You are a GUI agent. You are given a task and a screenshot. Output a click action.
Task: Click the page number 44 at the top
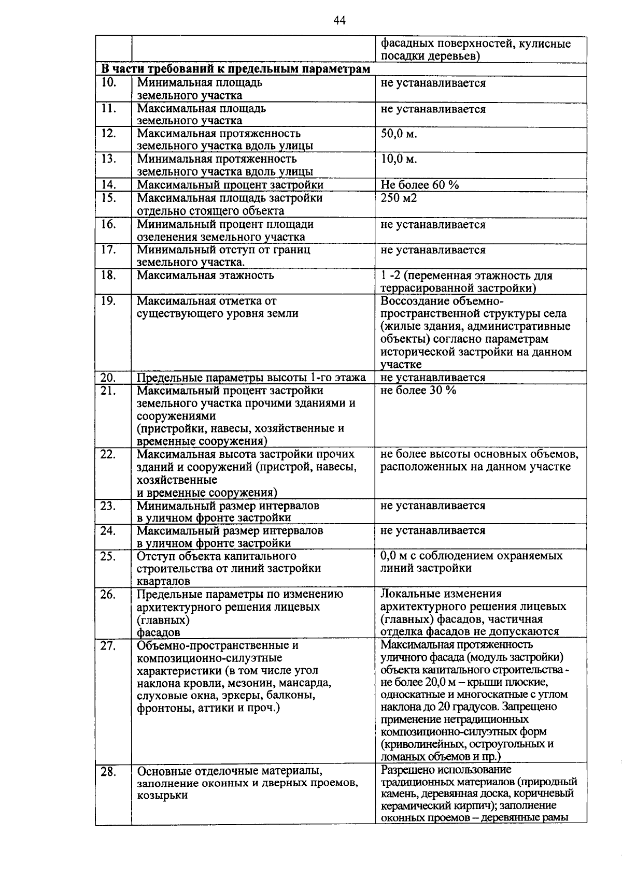click(340, 21)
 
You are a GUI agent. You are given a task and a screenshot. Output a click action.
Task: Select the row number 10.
click(108, 83)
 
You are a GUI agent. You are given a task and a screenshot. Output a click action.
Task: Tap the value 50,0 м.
click(399, 134)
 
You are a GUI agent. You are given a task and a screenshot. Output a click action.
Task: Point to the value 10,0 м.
click(399, 159)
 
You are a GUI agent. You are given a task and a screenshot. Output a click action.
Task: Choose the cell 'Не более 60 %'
click(419, 185)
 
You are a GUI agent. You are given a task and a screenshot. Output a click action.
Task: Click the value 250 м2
click(399, 198)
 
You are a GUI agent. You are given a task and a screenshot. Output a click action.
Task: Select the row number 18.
click(108, 275)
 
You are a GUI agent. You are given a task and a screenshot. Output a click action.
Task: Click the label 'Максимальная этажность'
click(205, 275)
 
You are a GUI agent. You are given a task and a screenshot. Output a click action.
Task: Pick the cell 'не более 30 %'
click(418, 391)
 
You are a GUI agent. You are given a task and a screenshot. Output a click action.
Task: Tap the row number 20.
click(108, 378)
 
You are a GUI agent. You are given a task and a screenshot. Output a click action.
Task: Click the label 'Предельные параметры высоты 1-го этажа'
click(251, 378)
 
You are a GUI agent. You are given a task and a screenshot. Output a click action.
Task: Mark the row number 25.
click(108, 556)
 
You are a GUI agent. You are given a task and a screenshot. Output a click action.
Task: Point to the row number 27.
click(108, 645)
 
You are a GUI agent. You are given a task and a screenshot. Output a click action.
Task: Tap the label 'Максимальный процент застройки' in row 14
click(230, 185)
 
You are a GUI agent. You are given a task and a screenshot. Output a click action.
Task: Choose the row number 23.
click(108, 506)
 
